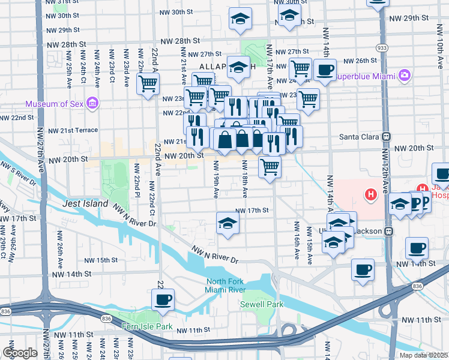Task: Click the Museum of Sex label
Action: pos(54,104)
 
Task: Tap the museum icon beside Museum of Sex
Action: pos(92,104)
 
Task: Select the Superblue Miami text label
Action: pos(364,75)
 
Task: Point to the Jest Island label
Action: pos(86,204)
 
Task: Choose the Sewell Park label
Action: pos(261,305)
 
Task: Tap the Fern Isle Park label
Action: pos(146,327)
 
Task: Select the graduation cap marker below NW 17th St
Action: pos(228,224)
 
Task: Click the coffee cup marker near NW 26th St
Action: pos(325,69)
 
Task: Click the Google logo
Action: pos(20,352)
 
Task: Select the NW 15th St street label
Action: pos(101,260)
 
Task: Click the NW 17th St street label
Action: pos(252,211)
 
